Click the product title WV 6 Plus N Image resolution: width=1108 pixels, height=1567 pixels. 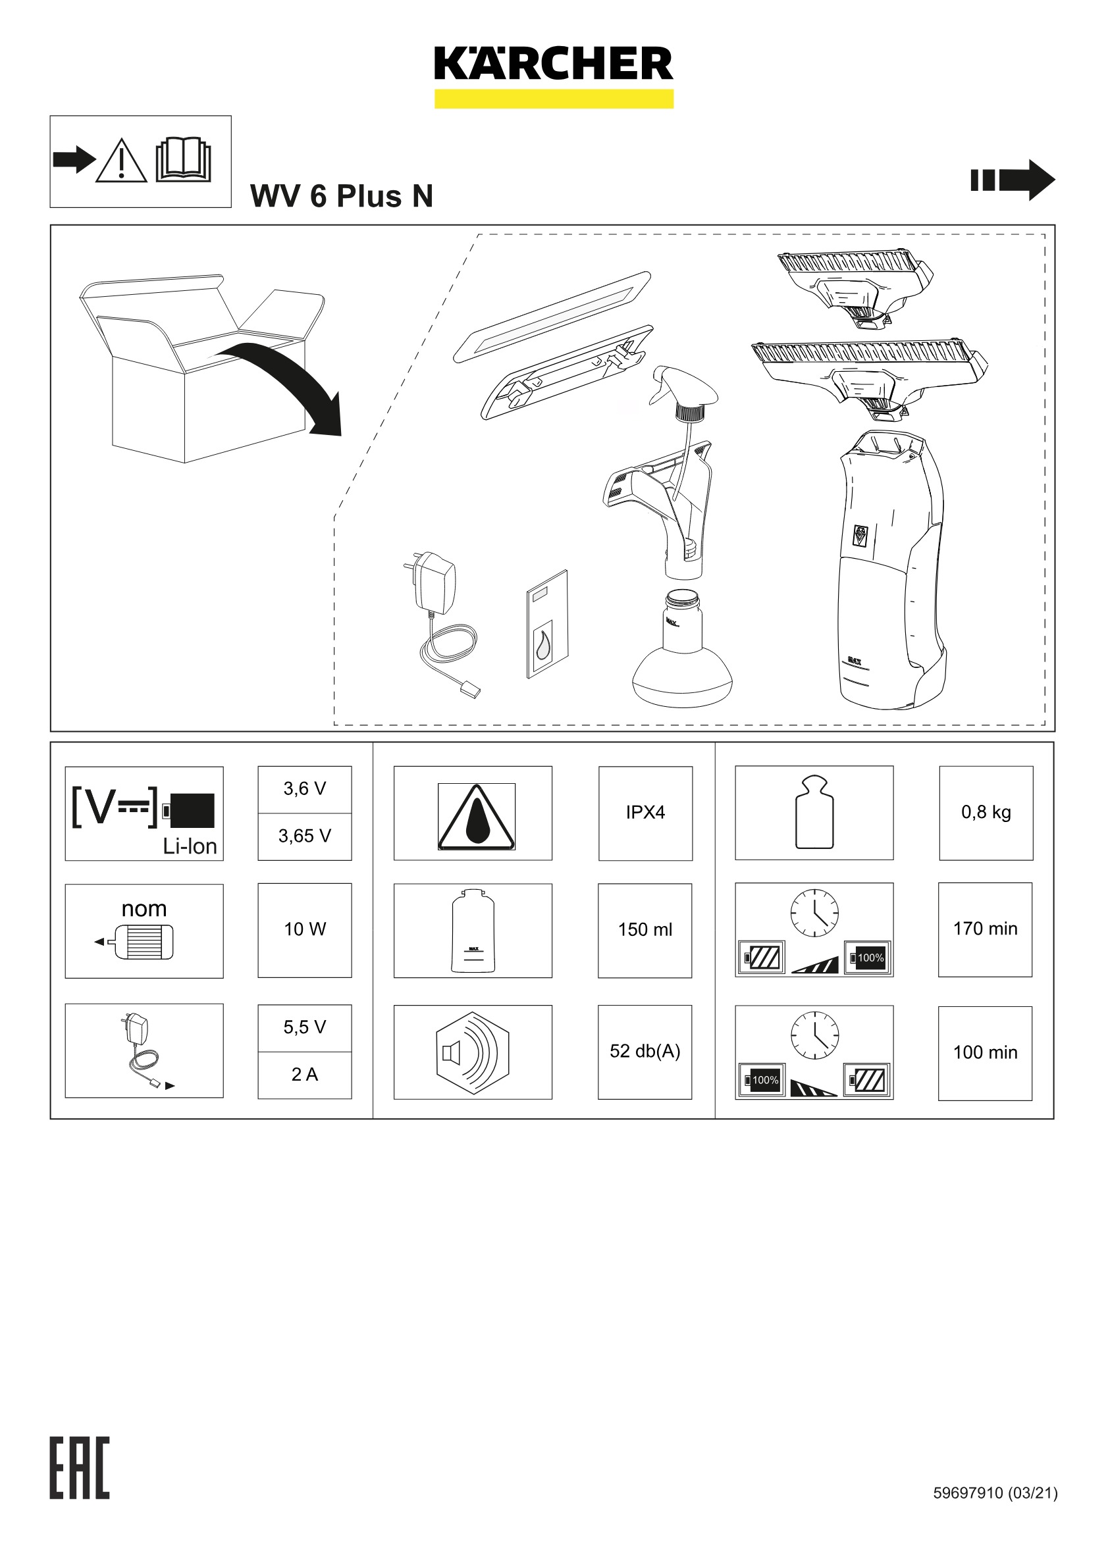click(x=341, y=197)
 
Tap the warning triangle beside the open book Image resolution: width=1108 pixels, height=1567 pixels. click(x=121, y=162)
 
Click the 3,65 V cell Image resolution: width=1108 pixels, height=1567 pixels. click(x=304, y=836)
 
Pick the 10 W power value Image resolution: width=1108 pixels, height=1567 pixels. click(x=304, y=929)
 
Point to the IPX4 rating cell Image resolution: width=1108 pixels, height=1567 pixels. click(x=645, y=812)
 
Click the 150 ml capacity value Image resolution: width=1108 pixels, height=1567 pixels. click(x=645, y=929)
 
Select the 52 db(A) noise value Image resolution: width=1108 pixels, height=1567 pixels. click(x=645, y=1051)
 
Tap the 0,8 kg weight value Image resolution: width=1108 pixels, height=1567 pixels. click(x=985, y=812)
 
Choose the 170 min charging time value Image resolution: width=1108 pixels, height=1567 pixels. click(x=984, y=929)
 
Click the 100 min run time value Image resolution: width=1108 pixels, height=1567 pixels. click(x=984, y=1052)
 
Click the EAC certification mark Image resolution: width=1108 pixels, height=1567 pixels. click(x=79, y=1468)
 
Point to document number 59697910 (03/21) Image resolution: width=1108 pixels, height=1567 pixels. click(x=995, y=1493)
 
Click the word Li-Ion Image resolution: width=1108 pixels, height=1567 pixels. click(x=189, y=846)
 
